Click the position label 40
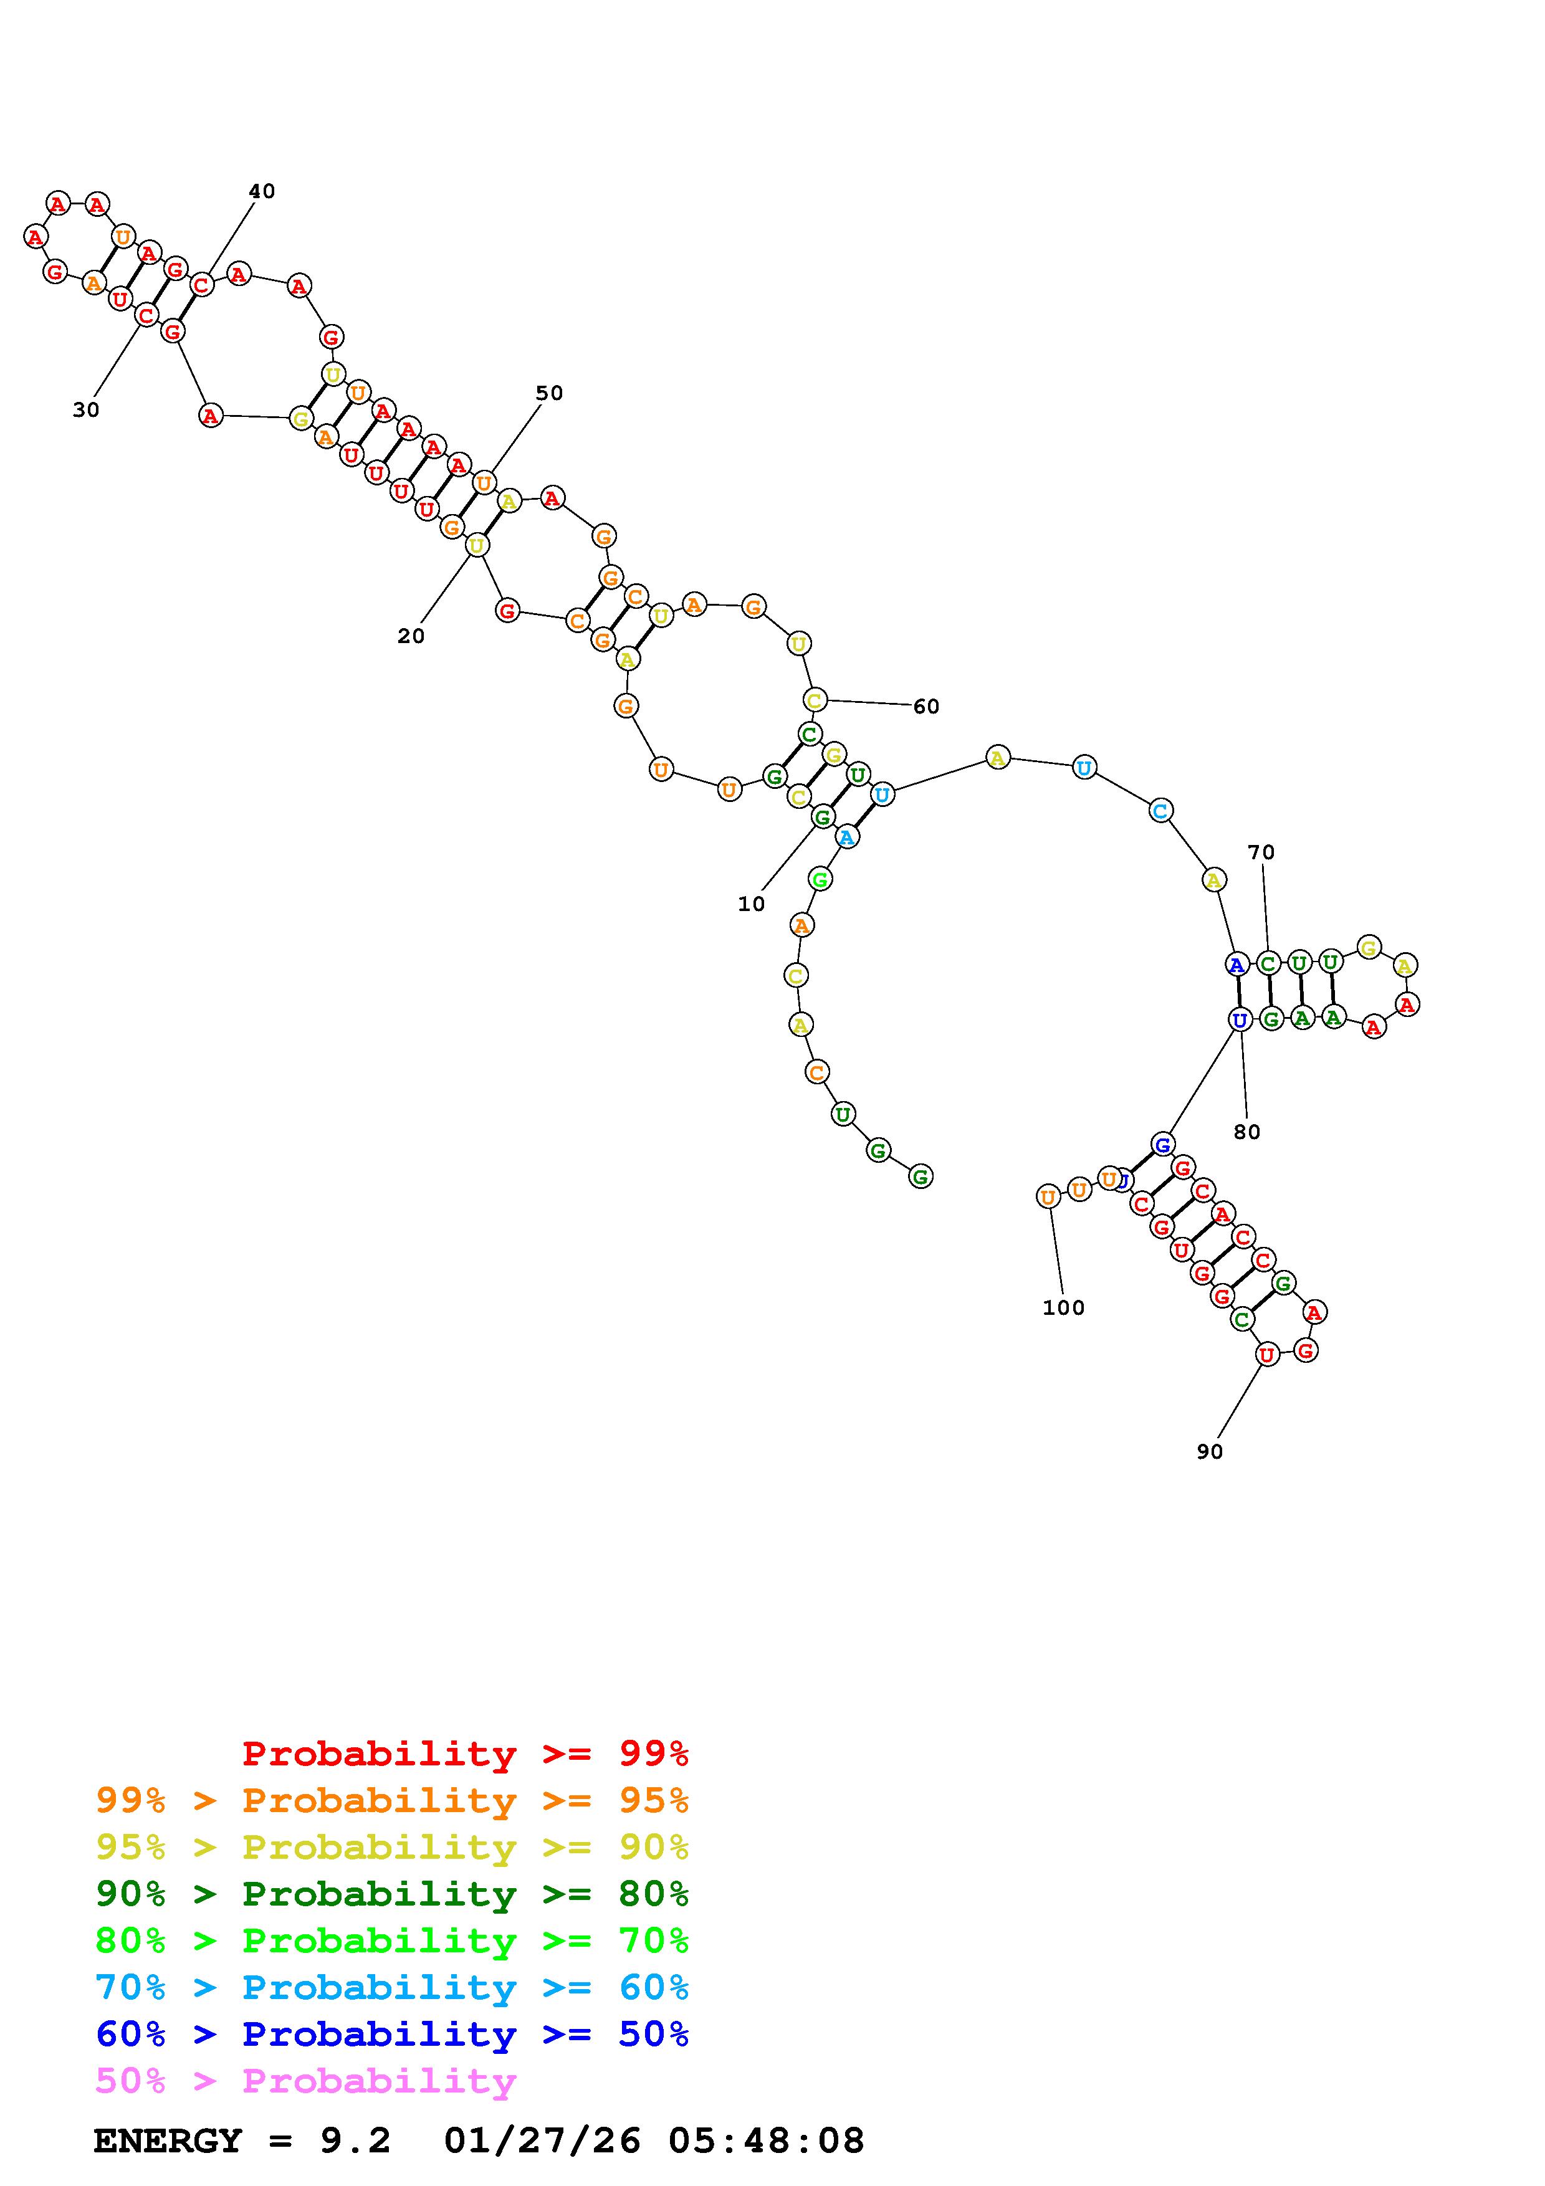click(262, 191)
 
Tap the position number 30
click(85, 411)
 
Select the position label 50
click(549, 393)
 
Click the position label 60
click(926, 707)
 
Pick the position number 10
click(751, 904)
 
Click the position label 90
click(1210, 1452)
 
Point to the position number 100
click(1063, 1308)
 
